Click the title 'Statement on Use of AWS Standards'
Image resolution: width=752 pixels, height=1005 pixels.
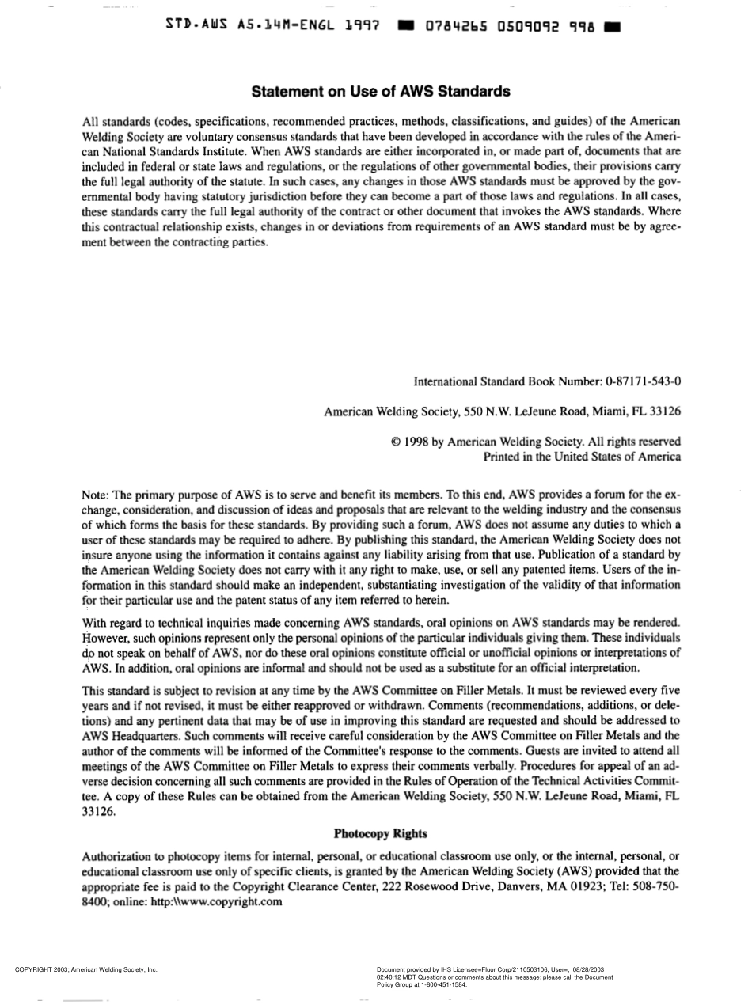[x=380, y=92]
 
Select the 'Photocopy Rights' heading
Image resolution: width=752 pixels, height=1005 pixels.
[x=380, y=833]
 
